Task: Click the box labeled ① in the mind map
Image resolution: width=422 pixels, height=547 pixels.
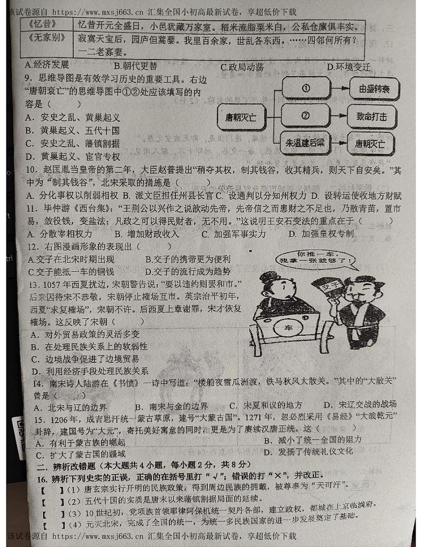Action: [305, 88]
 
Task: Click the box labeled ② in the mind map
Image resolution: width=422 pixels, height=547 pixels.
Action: [305, 115]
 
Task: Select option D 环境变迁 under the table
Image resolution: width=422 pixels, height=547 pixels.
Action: [348, 67]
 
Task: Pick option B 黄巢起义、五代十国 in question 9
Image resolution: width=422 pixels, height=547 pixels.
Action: [72, 130]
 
